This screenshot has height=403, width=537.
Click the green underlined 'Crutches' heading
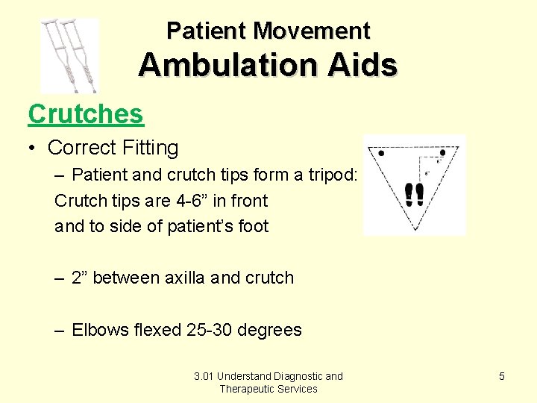pos(85,114)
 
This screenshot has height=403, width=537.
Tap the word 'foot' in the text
pos(251,227)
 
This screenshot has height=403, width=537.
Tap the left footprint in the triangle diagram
pos(409,195)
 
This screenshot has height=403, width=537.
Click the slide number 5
pos(501,376)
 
